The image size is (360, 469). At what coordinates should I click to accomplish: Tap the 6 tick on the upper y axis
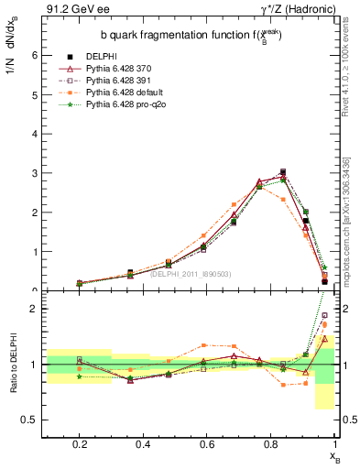35,55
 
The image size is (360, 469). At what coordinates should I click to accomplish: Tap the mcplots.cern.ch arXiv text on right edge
351,229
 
